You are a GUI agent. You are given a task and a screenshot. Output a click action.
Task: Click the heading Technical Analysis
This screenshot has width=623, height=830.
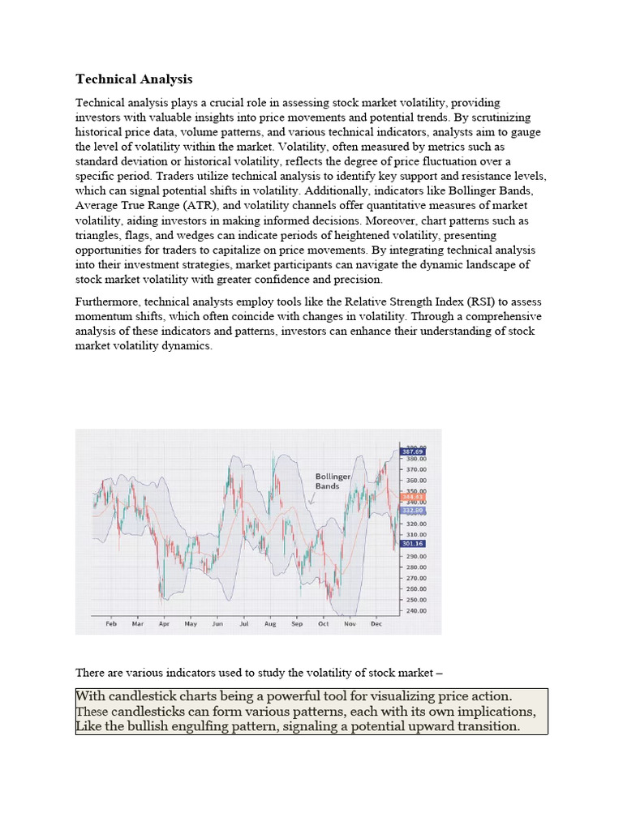[134, 79]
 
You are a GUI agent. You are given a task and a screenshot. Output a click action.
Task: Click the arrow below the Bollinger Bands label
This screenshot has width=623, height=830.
[312, 499]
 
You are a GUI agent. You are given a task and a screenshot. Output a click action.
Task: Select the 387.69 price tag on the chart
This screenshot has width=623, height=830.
[413, 451]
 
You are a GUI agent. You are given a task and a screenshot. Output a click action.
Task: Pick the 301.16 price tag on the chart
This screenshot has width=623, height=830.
[413, 544]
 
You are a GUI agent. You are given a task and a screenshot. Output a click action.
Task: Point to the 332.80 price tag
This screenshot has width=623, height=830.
[413, 510]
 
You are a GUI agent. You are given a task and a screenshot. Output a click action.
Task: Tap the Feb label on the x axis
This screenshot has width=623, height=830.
[111, 624]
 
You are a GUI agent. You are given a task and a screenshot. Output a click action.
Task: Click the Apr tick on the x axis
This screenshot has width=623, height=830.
[164, 624]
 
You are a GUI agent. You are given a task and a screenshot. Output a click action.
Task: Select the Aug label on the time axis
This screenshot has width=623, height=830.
[270, 624]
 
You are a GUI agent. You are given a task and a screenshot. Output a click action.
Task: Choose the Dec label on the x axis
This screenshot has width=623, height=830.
[376, 624]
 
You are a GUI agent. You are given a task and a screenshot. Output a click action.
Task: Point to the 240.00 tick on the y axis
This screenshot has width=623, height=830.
[415, 610]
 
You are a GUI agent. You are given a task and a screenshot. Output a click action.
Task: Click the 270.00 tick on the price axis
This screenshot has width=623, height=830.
[415, 578]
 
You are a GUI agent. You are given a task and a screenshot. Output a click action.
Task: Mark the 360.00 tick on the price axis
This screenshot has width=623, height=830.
[415, 480]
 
